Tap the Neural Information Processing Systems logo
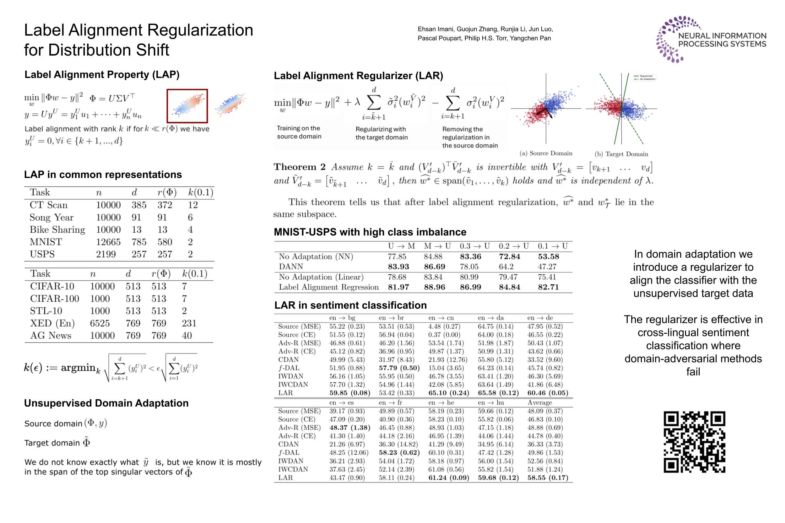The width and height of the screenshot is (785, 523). coord(711,39)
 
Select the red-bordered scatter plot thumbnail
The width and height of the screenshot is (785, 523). coord(187,106)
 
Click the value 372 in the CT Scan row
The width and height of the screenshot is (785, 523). coord(165,205)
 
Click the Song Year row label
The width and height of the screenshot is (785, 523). coord(51,217)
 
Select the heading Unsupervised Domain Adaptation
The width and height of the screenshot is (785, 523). coord(106,403)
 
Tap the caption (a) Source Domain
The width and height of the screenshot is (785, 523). coord(545,153)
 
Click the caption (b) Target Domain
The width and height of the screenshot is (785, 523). coord(621,154)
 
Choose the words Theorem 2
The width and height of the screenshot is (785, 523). coord(299,167)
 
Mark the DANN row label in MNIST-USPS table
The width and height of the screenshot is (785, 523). coord(290,267)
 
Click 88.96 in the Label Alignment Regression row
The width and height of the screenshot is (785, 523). coord(434,287)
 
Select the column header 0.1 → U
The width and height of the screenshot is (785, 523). coord(552,246)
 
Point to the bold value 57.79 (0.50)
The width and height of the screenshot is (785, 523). coord(399,368)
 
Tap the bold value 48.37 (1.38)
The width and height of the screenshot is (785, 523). coord(349,427)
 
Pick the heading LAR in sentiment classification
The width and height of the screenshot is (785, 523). coord(350,305)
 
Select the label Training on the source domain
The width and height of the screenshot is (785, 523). coord(299,132)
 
